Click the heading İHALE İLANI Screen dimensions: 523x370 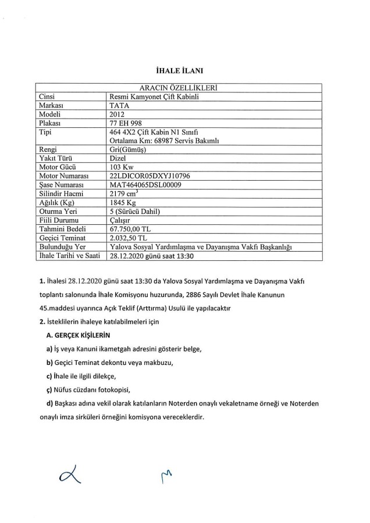click(184, 71)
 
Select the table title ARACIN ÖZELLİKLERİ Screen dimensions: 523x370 click(184, 87)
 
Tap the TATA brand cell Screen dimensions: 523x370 click(120, 106)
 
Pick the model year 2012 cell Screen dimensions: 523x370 click(119, 115)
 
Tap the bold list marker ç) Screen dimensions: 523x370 click(48, 389)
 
